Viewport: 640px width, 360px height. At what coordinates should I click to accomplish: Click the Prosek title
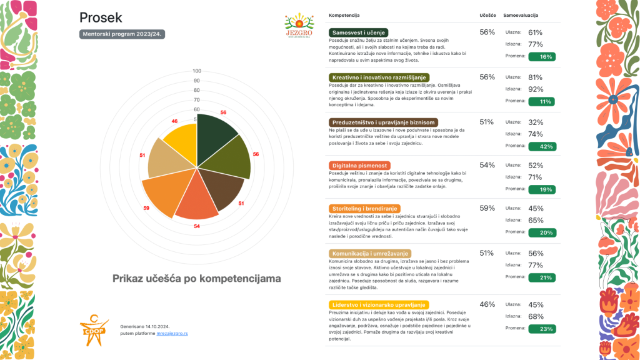pos(101,17)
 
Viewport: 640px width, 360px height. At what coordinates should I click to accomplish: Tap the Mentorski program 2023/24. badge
pos(122,34)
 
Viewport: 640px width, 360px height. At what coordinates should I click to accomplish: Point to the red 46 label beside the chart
pos(175,121)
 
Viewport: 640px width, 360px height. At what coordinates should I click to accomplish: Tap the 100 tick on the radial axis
pos(197,71)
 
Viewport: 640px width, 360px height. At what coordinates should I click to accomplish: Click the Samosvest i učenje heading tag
pos(359,32)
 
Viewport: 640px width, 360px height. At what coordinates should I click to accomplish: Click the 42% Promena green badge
pos(541,146)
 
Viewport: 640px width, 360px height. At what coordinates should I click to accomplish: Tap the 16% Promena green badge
pos(541,56)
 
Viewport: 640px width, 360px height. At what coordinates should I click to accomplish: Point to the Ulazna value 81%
pos(535,77)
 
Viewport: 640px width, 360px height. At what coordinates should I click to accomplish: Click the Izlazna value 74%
pos(535,134)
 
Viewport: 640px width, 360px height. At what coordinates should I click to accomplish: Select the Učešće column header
pos(487,15)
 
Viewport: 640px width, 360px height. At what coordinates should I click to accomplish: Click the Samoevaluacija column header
pos(521,15)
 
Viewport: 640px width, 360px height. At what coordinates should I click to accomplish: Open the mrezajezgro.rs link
pos(172,334)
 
